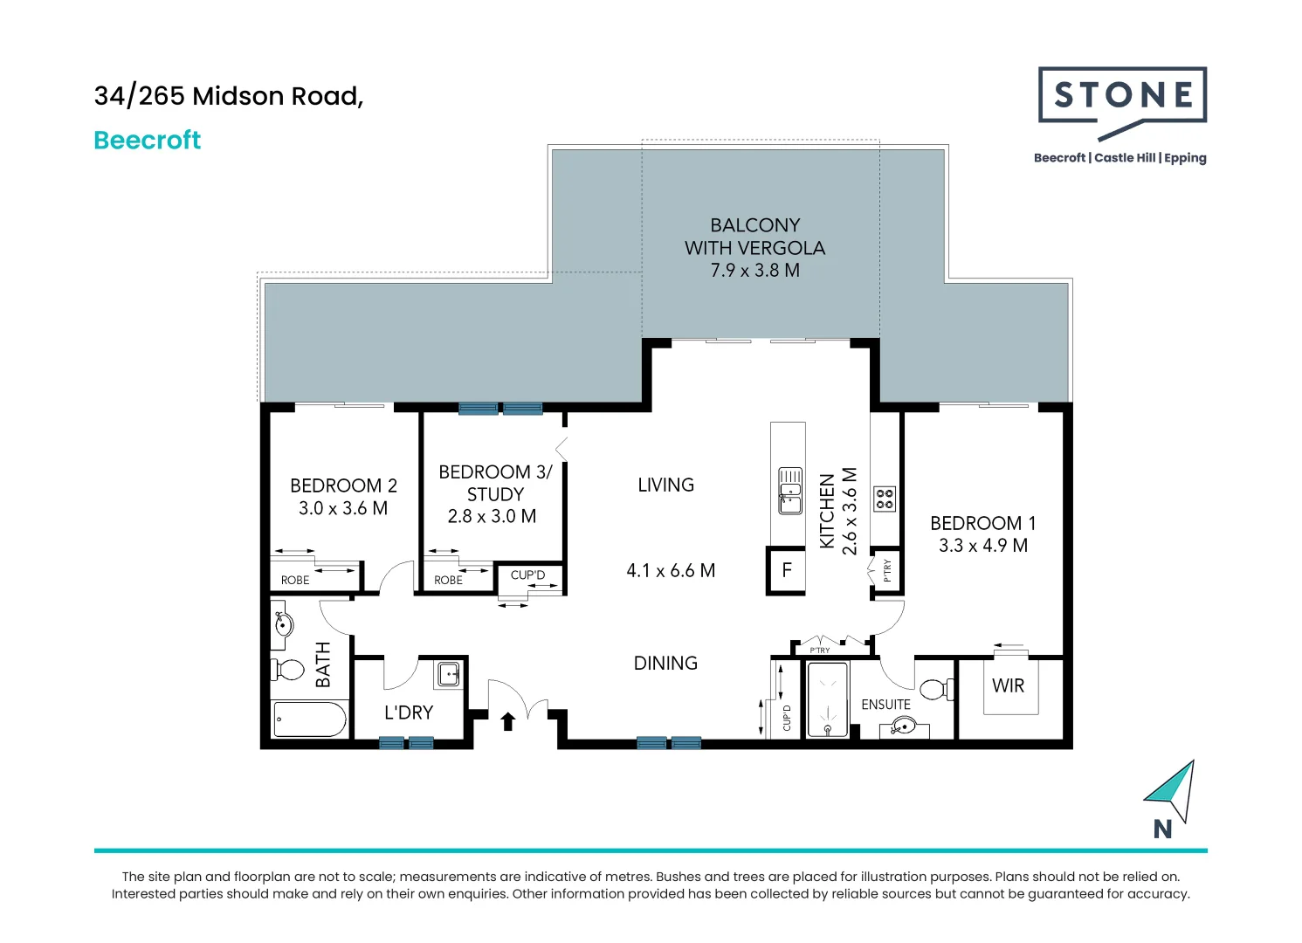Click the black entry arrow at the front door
(x=508, y=721)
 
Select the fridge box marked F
(x=786, y=570)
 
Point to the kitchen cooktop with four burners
(x=885, y=499)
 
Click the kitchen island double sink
(x=790, y=491)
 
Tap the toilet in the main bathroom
(x=287, y=670)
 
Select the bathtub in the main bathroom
(x=309, y=719)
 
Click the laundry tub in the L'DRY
(x=449, y=675)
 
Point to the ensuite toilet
(x=936, y=690)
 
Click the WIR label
(x=1008, y=685)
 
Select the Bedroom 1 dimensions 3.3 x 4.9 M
(x=983, y=546)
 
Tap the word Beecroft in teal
(x=147, y=140)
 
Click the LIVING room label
(x=665, y=485)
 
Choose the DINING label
(x=665, y=663)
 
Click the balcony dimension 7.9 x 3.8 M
(x=754, y=270)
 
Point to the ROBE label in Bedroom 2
(x=295, y=580)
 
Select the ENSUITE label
(x=885, y=705)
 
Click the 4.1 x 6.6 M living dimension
(x=671, y=570)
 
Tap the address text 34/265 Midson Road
(x=229, y=96)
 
